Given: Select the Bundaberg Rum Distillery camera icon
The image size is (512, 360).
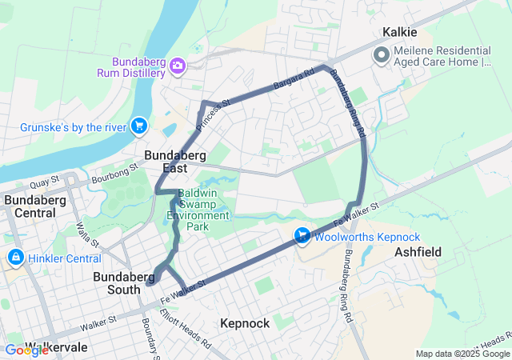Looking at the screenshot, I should point(178,65).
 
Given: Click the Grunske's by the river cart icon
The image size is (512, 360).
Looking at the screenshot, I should point(139,126).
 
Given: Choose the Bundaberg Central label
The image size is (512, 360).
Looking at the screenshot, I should point(34,206).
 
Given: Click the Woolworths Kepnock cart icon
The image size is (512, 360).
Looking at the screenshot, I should point(302,236).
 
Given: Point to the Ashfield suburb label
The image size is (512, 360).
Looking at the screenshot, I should point(418,251).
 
